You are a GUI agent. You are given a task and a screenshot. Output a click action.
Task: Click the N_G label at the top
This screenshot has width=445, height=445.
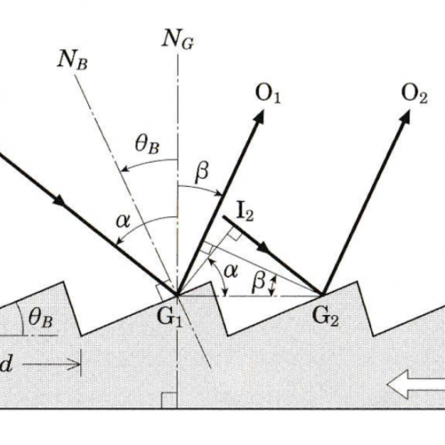(x=178, y=40)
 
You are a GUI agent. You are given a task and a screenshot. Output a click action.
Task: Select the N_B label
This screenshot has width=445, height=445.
(x=73, y=61)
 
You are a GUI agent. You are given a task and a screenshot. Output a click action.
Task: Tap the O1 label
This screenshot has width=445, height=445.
(x=268, y=94)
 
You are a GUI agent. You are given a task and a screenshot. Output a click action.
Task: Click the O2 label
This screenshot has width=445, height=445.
(x=415, y=94)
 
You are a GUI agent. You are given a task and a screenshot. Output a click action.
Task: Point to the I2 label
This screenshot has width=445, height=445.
(x=246, y=213)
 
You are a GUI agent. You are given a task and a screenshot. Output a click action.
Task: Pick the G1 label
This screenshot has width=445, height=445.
(x=169, y=318)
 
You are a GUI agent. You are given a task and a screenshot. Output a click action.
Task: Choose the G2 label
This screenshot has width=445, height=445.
(x=326, y=318)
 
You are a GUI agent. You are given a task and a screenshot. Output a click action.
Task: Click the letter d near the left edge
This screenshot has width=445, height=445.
(x=6, y=364)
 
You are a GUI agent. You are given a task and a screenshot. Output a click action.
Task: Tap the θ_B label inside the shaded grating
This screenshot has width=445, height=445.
(x=41, y=320)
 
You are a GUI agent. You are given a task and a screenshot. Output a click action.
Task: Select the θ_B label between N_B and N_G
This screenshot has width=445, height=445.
(x=148, y=144)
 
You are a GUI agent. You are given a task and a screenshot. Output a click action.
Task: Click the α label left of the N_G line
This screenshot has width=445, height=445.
(x=123, y=221)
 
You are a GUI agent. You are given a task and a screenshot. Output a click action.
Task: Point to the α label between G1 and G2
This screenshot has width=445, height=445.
(x=231, y=271)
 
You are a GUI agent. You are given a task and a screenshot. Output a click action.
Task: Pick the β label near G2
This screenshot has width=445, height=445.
(x=258, y=281)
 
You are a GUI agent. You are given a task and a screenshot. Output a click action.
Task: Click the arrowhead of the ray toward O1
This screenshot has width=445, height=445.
(x=259, y=117)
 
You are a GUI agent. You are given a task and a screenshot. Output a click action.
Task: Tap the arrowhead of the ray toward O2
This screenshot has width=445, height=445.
(x=406, y=117)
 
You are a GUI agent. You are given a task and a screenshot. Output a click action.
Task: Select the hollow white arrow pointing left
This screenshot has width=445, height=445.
(x=416, y=384)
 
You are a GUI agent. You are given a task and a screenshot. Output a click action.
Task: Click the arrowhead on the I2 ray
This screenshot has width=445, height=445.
(x=264, y=247)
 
